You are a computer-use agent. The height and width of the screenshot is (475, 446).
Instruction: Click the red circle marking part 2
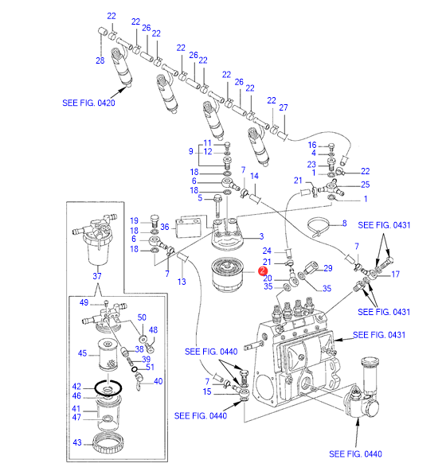263,271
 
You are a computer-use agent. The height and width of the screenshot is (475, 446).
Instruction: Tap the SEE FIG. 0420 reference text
88,103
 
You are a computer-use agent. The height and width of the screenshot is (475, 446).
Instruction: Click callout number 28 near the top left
100,60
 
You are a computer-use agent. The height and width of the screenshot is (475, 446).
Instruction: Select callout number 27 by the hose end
284,107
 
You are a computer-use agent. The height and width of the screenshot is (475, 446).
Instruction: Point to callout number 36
165,227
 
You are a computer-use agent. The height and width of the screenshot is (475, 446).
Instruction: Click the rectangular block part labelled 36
188,227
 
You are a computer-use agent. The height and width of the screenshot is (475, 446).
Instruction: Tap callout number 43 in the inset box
77,442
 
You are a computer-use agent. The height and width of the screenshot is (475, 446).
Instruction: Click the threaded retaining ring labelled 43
108,443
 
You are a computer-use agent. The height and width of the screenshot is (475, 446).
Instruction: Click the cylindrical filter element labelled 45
108,354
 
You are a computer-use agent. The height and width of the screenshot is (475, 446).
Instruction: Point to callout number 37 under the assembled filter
97,276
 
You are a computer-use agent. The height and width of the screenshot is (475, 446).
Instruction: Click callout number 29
328,268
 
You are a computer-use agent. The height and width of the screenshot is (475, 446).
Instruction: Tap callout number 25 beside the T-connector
365,185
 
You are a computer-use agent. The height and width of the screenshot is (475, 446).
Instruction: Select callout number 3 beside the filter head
261,236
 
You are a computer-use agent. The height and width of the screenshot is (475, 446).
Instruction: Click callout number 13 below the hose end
182,282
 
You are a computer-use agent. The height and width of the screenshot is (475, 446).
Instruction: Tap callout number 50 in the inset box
142,317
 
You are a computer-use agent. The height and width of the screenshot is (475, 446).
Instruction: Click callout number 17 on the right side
395,274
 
